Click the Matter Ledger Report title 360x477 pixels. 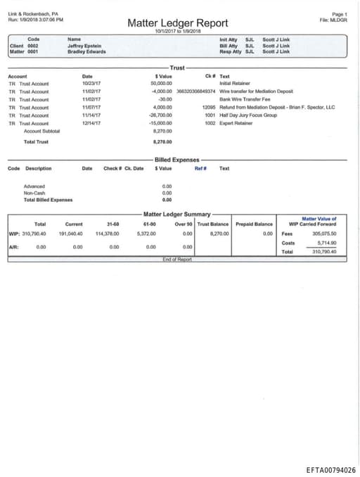pyautogui.click(x=177, y=23)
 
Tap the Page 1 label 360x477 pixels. pyautogui.click(x=340, y=13)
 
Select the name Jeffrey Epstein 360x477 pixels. pyautogui.click(x=84, y=45)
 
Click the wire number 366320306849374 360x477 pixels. pyautogui.click(x=196, y=91)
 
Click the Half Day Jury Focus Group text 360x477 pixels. pyautogui.click(x=248, y=115)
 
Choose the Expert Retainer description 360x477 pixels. pyautogui.click(x=236, y=123)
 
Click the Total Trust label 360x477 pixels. pyautogui.click(x=36, y=141)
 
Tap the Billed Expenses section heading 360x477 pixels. pyautogui.click(x=176, y=160)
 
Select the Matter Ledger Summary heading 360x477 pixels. pyautogui.click(x=176, y=213)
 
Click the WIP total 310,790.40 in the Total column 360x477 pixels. pyautogui.click(x=34, y=233)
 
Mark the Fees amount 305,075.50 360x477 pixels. pyautogui.click(x=324, y=233)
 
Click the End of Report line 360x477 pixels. pyautogui.click(x=176, y=260)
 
